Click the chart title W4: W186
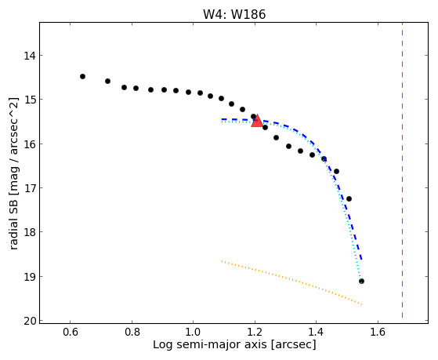pos(234,15)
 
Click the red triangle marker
pos(257,121)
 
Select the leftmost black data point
pos(82,76)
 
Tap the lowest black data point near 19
pos(361,281)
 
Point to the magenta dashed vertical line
pos(402,170)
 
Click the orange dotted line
pos(291,282)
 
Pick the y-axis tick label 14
pos(30,56)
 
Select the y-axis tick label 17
pos(30,188)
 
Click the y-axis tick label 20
pos(30,321)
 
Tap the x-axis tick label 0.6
pos(70,333)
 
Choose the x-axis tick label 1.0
pos(193,333)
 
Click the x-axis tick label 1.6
pos(378,333)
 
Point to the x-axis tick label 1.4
pos(316,333)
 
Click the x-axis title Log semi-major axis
pos(210,345)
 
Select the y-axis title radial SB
pos(13,222)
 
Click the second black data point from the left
pos(107,81)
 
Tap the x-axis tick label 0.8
pos(132,333)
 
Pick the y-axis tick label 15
pos(30,100)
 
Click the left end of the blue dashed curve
pos(222,119)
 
